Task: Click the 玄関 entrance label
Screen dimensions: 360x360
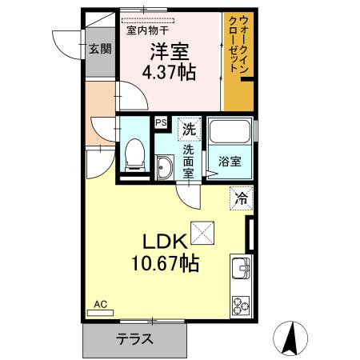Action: (99, 49)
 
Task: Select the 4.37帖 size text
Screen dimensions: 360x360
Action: (169, 73)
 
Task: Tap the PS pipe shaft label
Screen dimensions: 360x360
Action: (161, 122)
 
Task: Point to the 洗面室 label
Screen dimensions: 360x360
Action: (189, 160)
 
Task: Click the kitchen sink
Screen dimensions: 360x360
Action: (240, 268)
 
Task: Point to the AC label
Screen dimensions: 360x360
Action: (100, 305)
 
